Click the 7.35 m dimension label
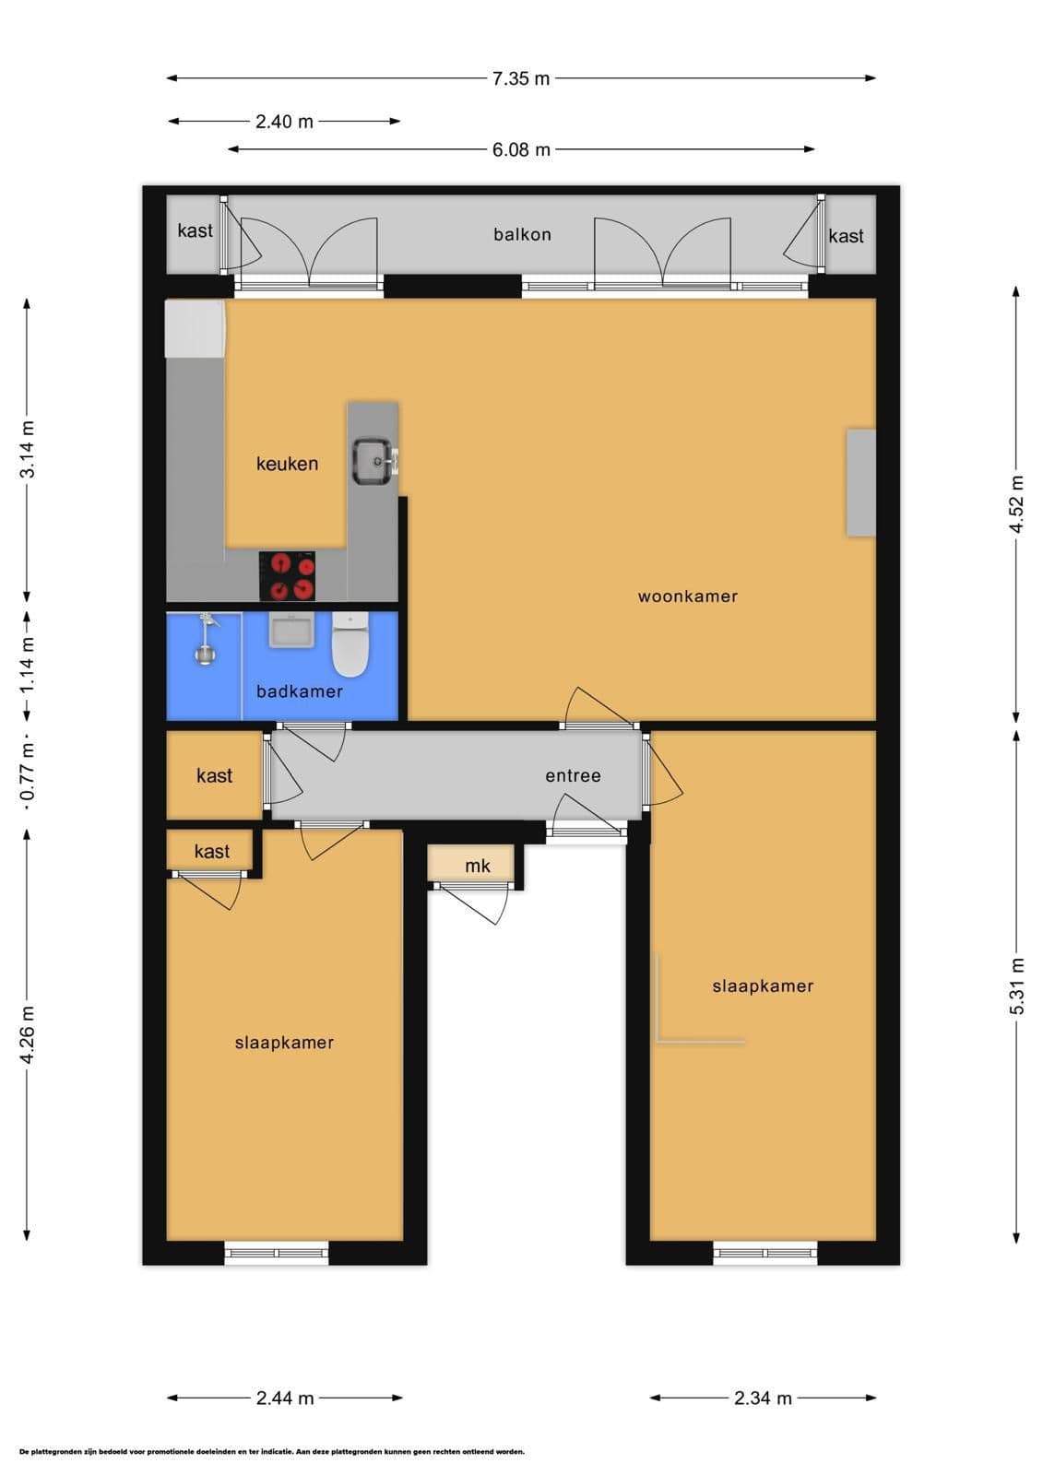coord(520,78)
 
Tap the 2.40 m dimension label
coord(284,121)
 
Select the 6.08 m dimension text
coord(520,149)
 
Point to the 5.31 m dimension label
coord(1016,985)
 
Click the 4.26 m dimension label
coord(27,1034)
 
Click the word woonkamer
coord(687,596)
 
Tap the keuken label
coord(288,464)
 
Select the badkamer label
coord(300,691)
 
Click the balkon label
coord(523,234)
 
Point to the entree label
coord(574,775)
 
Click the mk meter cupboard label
coord(478,866)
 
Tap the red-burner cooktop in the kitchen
coord(287,576)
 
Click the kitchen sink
coord(374,462)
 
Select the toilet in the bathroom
coord(350,644)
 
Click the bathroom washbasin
coord(291,631)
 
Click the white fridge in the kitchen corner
coord(195,329)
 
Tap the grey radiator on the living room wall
coord(861,483)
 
